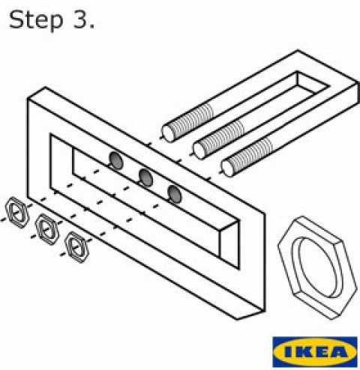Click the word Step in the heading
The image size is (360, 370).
point(36,20)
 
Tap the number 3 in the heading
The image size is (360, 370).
point(79,19)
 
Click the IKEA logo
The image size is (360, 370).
point(315,352)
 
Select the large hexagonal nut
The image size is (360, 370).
point(317,267)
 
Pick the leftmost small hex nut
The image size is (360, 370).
point(17,213)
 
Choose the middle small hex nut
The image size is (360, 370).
point(47,229)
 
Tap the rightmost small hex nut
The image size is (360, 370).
point(76,247)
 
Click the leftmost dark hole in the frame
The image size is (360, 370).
point(116,160)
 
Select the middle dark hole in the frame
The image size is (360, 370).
point(145,178)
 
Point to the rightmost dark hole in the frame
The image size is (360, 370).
point(175,194)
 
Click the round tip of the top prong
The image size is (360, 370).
point(168,134)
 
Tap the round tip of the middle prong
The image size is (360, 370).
point(199,151)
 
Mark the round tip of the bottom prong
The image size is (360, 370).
point(228,168)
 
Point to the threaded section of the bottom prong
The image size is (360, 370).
point(250,156)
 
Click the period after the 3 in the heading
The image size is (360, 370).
point(91,26)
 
